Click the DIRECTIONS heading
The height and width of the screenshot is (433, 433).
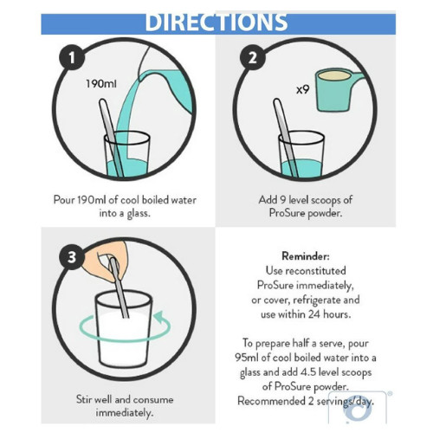click(216, 22)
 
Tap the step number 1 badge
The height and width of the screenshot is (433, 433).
click(72, 57)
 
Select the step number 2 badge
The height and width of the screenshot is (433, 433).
click(253, 57)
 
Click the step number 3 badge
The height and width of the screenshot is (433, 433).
click(72, 257)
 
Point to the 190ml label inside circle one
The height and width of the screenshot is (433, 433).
click(101, 84)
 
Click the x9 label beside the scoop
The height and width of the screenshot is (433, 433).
click(303, 90)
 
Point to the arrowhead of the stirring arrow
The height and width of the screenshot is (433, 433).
click(158, 317)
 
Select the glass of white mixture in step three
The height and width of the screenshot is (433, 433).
click(124, 329)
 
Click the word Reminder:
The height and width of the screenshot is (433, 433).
click(306, 256)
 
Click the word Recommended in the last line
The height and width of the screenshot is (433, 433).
click(271, 401)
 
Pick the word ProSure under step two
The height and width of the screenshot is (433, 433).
click(287, 213)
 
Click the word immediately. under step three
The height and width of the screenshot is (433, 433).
click(125, 413)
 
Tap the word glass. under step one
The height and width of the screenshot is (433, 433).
click(139, 214)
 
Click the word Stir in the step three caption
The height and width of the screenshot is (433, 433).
click(83, 399)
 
